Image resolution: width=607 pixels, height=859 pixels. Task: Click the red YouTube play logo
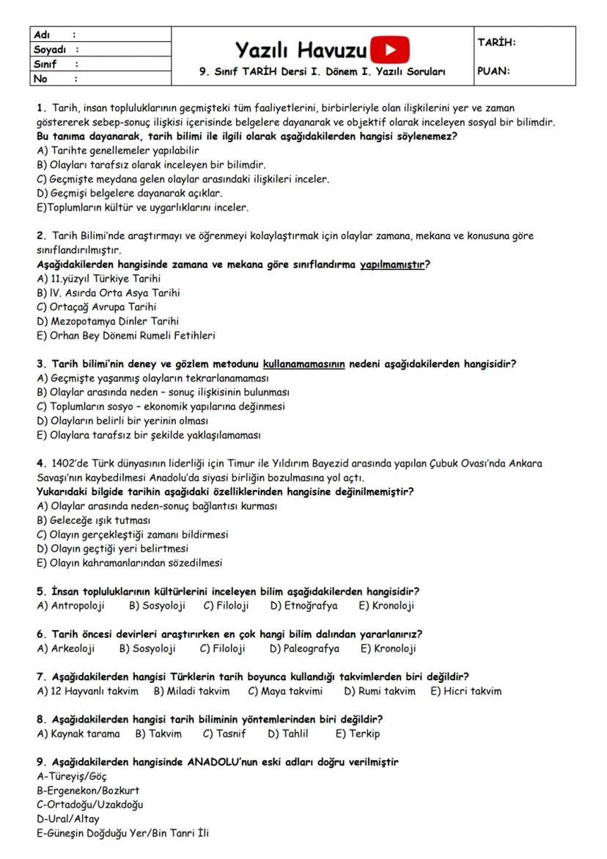coord(390,50)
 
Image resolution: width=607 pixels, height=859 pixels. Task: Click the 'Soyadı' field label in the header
coord(50,49)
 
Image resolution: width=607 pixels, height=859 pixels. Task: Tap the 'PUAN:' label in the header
coord(494,72)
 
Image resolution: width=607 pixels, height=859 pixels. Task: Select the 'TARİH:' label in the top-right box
coord(496,43)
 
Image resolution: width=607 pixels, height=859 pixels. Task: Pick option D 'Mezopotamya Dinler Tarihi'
coord(107,321)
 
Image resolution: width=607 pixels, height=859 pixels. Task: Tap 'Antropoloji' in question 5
coord(78,606)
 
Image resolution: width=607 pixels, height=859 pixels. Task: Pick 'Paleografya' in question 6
coord(312,648)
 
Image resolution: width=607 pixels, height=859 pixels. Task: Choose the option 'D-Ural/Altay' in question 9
coord(68,819)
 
